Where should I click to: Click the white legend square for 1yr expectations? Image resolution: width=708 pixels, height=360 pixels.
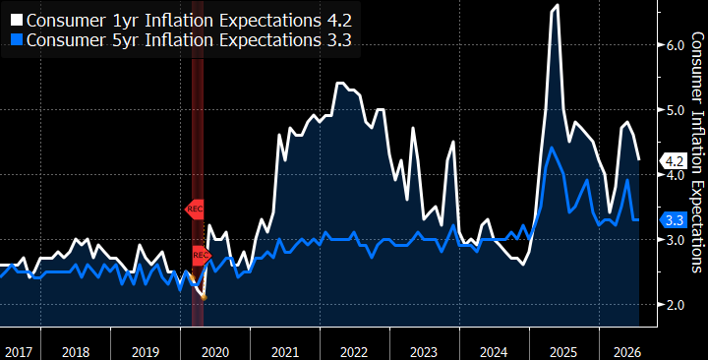(17, 21)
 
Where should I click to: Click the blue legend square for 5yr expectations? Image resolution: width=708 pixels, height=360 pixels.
(17, 40)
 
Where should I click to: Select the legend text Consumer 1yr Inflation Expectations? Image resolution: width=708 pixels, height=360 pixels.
(171, 21)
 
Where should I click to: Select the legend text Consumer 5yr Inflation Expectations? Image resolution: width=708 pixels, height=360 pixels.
(171, 40)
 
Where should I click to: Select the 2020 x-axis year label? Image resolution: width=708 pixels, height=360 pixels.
(215, 352)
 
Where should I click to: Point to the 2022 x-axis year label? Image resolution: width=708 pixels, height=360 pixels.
(354, 352)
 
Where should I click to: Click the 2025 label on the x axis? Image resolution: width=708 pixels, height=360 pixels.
(564, 352)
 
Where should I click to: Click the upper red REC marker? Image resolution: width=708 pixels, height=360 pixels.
(195, 210)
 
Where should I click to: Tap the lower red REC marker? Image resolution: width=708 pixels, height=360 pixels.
(202, 256)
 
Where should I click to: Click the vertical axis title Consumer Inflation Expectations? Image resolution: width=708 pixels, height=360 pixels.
(697, 152)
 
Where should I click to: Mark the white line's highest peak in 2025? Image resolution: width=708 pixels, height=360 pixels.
(558, 5)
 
